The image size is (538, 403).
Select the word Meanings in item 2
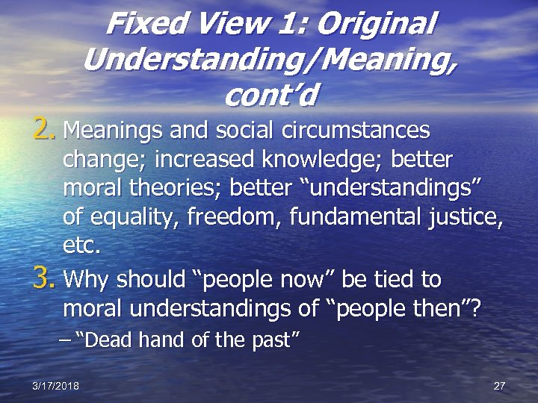[x=112, y=131]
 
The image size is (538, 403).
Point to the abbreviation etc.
[x=82, y=246]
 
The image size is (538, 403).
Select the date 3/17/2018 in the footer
[x=56, y=386]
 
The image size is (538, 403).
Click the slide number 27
[x=500, y=386]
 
